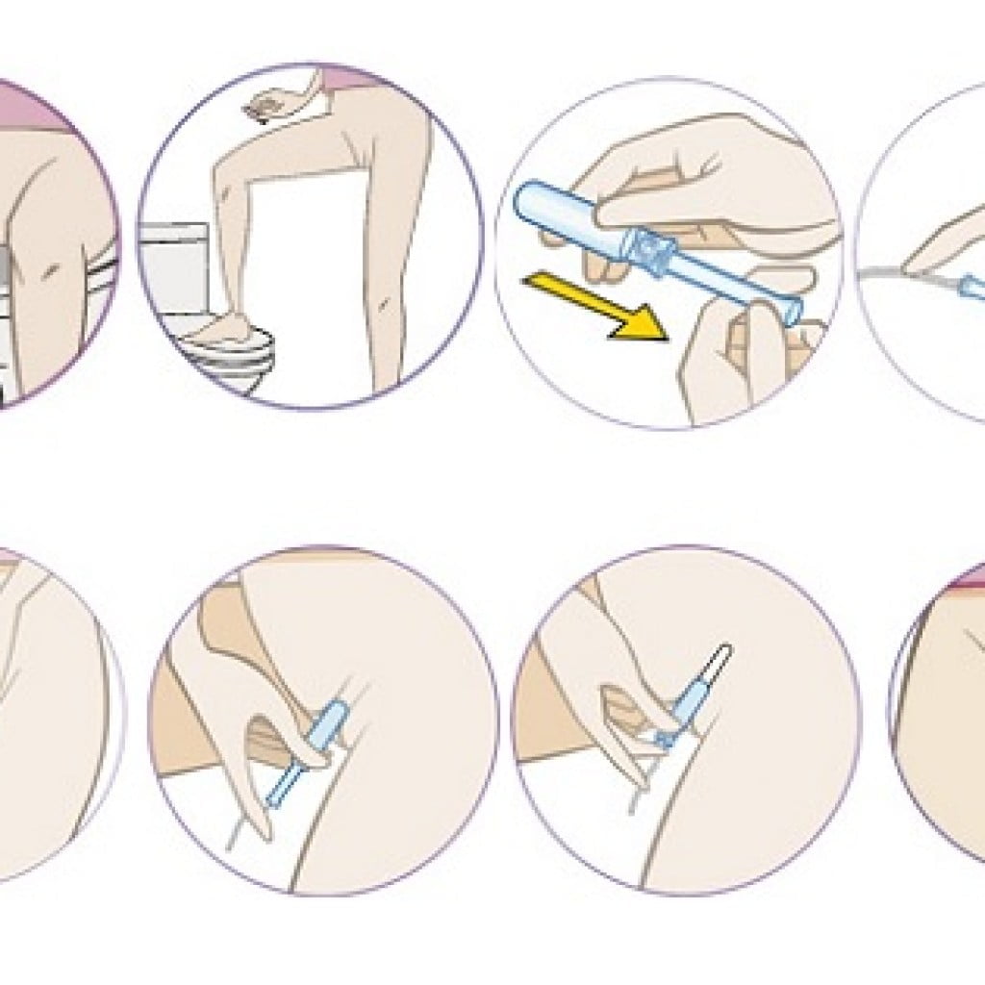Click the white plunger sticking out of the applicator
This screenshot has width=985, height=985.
(717, 664)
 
